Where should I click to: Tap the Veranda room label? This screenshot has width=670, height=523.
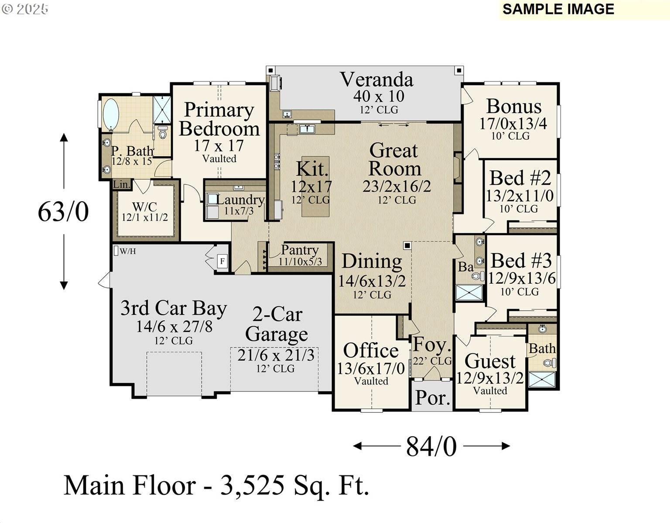[376, 80]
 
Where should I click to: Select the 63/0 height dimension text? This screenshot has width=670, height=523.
[63, 212]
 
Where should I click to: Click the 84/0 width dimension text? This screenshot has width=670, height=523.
[431, 446]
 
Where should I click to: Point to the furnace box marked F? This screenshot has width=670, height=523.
[222, 261]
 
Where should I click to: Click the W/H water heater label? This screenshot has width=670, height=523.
[127, 251]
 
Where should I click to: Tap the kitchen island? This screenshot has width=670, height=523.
[315, 187]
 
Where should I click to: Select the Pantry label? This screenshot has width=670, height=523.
[300, 250]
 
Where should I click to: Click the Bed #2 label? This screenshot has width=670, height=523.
[520, 178]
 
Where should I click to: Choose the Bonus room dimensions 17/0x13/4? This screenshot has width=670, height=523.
[513, 124]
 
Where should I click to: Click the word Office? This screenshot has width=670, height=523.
[371, 350]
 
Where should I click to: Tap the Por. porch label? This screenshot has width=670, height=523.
[432, 397]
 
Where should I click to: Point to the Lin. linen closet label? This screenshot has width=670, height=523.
[122, 185]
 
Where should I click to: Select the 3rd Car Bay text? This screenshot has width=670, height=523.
[174, 308]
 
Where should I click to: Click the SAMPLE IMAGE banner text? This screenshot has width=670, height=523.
[558, 9]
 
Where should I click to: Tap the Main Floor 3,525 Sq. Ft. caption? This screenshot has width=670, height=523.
[217, 486]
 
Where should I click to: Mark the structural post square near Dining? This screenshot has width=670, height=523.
[407, 245]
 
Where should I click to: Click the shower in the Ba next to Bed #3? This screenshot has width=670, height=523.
[469, 292]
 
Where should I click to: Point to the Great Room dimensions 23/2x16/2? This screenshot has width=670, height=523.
[397, 187]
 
